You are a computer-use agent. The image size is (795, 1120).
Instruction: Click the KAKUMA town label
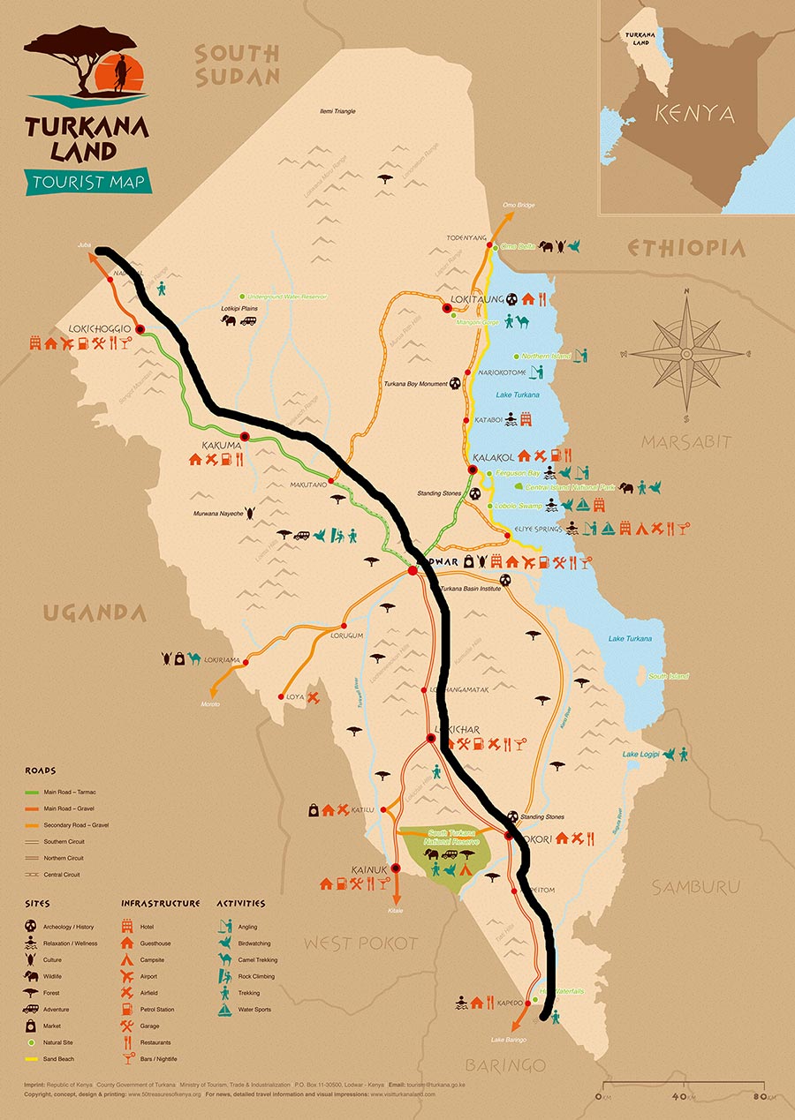pyautogui.click(x=222, y=446)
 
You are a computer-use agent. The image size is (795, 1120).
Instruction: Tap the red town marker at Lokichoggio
pyautogui.click(x=140, y=329)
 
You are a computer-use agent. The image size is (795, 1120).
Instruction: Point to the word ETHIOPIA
pyautogui.click(x=687, y=248)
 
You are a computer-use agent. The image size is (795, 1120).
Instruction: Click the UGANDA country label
pyautogui.click(x=95, y=613)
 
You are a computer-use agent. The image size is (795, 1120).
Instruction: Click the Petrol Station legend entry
pyautogui.click(x=157, y=1009)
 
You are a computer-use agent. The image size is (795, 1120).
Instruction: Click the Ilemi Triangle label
pyautogui.click(x=337, y=111)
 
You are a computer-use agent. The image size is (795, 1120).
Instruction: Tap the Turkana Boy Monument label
pyautogui.click(x=414, y=384)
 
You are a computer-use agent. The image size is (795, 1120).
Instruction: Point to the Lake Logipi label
pyautogui.click(x=641, y=755)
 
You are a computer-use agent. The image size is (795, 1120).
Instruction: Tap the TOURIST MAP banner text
pyautogui.click(x=88, y=183)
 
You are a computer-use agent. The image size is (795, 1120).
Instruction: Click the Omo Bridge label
pyautogui.click(x=519, y=205)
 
